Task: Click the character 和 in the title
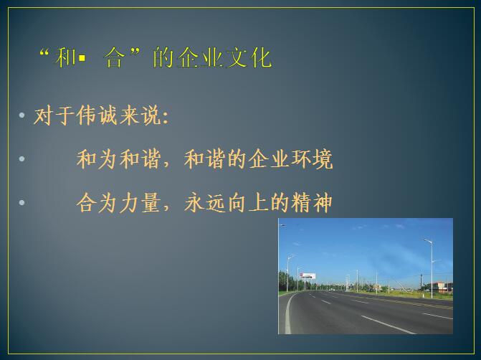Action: pos(65,57)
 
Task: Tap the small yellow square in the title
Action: pos(82,57)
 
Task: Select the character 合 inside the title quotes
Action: pos(115,57)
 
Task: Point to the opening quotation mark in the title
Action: pos(44,52)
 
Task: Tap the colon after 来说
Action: pos(166,117)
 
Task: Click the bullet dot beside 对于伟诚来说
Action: pos(22,115)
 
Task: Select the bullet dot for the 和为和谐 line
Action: pos(22,158)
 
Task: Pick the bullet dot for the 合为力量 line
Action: pos(22,202)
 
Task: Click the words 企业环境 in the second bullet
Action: pos(290,159)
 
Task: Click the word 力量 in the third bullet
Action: pos(141,203)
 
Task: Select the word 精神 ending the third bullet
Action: pos(311,203)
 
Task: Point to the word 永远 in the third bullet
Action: pos(205,203)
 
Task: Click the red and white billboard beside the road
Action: pos(308,275)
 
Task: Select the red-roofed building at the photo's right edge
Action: pos(442,287)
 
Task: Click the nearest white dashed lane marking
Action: pos(389,325)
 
